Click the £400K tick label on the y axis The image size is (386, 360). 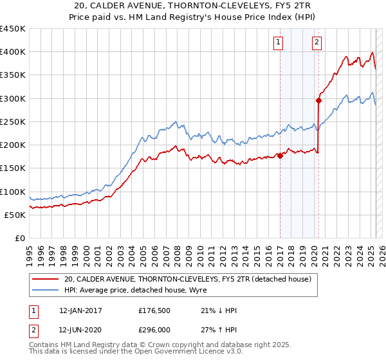(x=12, y=52)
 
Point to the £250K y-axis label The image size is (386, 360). (x=12, y=122)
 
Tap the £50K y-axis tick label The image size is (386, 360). (x=14, y=215)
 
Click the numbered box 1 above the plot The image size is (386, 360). (x=279, y=43)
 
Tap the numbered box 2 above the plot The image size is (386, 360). (x=317, y=43)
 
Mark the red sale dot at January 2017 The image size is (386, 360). (x=280, y=155)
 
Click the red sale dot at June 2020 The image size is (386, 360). (x=319, y=100)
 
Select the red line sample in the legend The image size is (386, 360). (x=45, y=279)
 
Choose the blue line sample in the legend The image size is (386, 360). (x=45, y=291)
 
